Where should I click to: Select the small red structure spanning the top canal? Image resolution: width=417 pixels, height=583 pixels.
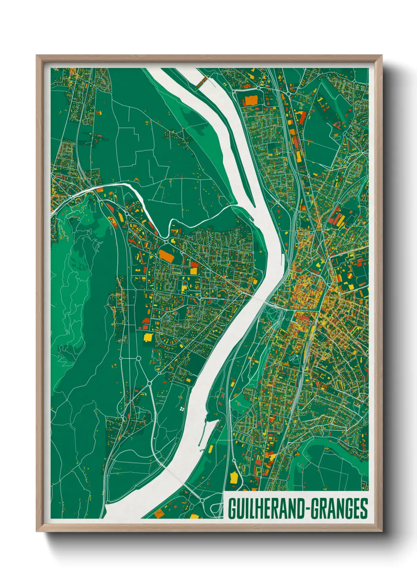(x=202, y=82)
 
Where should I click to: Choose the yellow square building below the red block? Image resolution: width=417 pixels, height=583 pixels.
(x=194, y=271)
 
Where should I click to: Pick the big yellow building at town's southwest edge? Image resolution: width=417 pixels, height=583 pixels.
(x=148, y=337)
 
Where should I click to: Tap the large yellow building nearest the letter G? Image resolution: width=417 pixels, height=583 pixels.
(x=234, y=478)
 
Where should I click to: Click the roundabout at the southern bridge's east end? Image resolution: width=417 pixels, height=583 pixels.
(x=202, y=501)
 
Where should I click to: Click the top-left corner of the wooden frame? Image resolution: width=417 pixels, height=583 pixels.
(x=37, y=56)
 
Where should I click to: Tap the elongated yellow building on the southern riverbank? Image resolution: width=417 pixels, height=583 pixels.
(x=211, y=449)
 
